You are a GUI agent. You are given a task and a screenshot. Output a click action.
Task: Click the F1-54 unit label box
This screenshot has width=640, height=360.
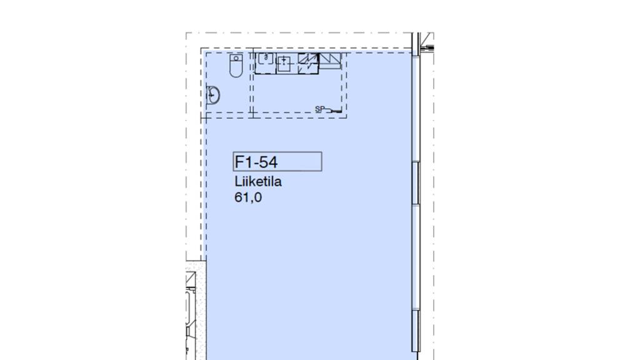277,162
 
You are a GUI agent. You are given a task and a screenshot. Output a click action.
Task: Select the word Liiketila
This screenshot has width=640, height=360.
258,181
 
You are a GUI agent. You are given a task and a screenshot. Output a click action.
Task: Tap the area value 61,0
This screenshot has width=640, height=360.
248,197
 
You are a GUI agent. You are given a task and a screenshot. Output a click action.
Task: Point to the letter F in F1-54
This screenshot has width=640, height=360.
239,162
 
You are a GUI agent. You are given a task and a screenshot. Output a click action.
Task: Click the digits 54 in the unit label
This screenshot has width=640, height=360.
269,162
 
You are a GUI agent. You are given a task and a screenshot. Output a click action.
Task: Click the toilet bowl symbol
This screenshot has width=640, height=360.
236,66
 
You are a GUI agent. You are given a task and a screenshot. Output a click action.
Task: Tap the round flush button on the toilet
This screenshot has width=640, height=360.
236,58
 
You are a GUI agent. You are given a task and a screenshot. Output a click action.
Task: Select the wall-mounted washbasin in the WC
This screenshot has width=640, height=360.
212,96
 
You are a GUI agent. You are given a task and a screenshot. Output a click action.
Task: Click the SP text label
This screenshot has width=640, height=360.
319,109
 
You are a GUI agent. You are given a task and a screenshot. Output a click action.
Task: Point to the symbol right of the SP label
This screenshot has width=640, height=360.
334,110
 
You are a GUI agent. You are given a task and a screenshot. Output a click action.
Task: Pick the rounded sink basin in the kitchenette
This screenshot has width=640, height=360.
266,58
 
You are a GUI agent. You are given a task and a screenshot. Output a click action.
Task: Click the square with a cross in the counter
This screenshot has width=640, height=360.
284,63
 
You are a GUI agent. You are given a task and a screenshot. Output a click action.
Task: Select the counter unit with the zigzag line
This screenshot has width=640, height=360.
307,63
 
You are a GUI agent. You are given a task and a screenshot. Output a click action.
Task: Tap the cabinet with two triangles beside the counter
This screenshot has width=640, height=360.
330,61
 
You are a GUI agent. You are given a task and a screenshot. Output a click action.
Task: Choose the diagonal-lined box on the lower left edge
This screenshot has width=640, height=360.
190,279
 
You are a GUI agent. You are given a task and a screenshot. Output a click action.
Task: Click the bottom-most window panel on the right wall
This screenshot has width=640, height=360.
416,330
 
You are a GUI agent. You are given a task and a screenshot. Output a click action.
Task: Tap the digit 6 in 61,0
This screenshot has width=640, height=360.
238,197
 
